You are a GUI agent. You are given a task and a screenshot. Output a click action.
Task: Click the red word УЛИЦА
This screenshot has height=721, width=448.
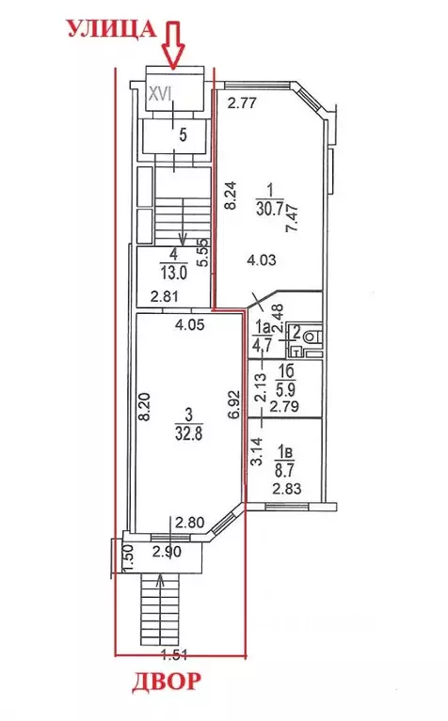click(x=112, y=30)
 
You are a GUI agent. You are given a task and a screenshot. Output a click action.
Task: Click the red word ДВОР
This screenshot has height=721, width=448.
click(x=167, y=682)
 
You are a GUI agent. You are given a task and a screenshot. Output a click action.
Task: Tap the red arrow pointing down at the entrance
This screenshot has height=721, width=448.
click(x=173, y=44)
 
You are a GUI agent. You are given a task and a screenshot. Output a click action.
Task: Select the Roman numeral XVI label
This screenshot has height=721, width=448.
click(x=160, y=94)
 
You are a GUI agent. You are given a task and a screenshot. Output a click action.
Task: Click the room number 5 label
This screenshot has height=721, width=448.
click(x=183, y=135)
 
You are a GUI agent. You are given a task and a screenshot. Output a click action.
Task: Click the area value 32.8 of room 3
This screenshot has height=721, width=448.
click(x=189, y=434)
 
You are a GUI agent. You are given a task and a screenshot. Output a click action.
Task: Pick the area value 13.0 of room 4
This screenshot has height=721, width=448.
click(x=173, y=273)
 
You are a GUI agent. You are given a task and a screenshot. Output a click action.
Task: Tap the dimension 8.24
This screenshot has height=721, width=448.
click(x=232, y=196)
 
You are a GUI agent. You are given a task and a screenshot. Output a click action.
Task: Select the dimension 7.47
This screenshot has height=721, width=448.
click(x=293, y=219)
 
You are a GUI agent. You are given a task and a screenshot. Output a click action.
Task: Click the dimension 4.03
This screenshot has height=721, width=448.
click(x=262, y=259)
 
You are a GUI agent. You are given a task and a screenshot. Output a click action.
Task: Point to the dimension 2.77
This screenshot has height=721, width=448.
click(x=243, y=103)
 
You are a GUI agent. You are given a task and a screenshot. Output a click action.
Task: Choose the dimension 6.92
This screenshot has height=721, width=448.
click(x=234, y=404)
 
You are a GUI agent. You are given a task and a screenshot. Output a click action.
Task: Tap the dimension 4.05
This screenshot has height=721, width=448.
click(x=189, y=325)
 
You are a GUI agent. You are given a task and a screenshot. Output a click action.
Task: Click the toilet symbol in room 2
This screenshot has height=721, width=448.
click(x=312, y=336)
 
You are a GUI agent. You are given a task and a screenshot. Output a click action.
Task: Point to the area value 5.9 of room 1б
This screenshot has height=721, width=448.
click(x=284, y=390)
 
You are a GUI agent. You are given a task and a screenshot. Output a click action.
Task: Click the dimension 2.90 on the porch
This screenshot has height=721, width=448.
click(x=167, y=552)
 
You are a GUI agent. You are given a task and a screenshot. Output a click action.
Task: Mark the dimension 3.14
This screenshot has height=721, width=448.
click(x=257, y=451)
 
